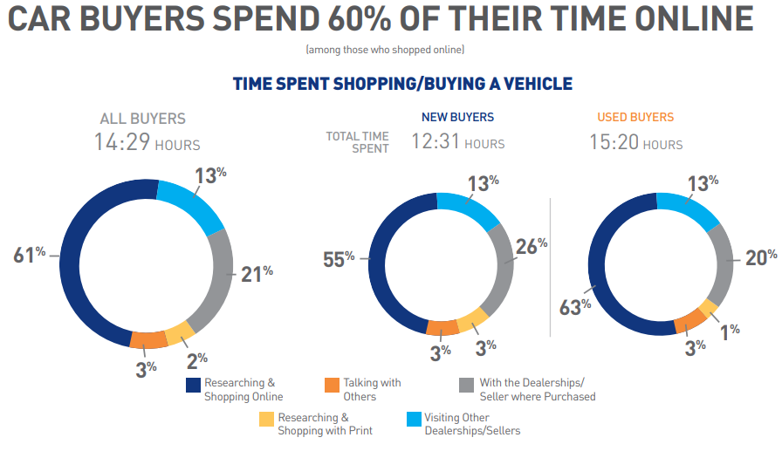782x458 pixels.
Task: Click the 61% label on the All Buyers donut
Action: (29, 256)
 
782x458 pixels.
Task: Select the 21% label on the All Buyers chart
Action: (257, 274)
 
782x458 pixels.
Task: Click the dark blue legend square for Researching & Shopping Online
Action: (194, 385)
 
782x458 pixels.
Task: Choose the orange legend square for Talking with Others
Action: (332, 385)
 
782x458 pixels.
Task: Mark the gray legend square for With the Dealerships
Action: (465, 385)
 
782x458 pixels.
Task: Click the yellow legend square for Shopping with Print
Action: (266, 420)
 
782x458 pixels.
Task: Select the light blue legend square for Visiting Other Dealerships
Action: (413, 420)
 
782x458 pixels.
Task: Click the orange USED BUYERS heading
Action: (635, 117)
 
